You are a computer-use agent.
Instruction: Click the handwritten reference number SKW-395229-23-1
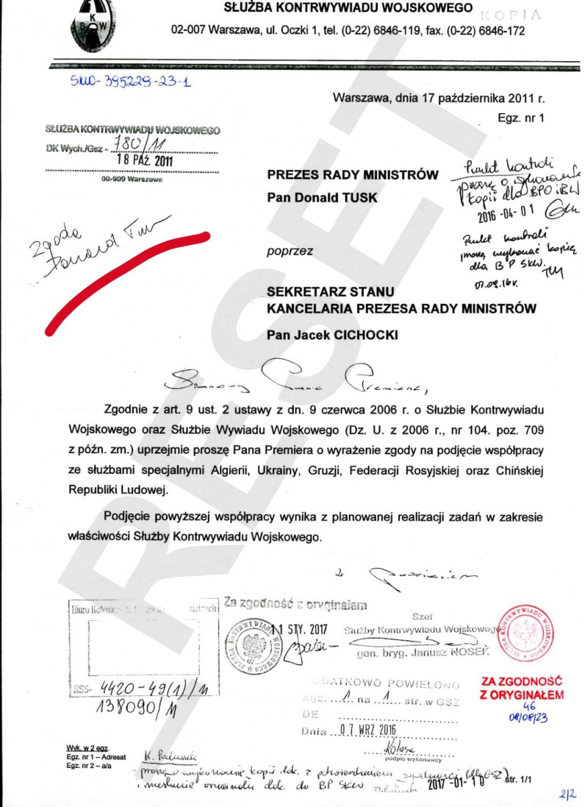pyautogui.click(x=130, y=83)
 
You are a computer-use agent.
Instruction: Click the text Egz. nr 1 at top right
pyautogui.click(x=521, y=117)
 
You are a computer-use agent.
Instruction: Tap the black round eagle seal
pyautogui.click(x=253, y=648)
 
